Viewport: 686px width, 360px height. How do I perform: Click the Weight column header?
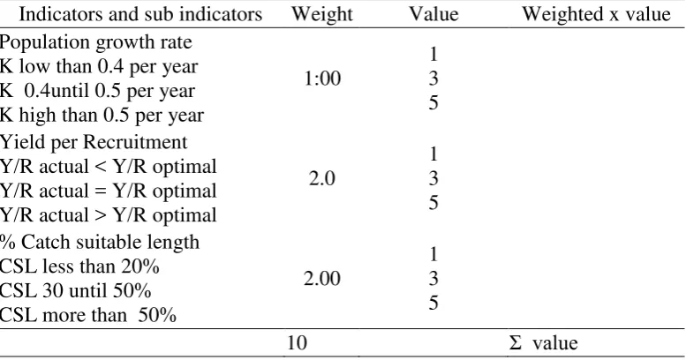click(322, 14)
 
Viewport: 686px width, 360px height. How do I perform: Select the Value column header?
click(433, 14)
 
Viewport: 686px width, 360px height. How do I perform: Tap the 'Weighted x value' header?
click(596, 14)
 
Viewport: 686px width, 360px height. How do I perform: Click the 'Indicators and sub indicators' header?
click(140, 14)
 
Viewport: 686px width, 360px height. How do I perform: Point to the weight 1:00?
click(322, 79)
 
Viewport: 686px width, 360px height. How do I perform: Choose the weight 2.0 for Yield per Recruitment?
click(322, 178)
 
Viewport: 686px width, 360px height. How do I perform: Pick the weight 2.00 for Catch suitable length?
click(322, 279)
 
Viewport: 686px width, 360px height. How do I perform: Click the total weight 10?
click(297, 342)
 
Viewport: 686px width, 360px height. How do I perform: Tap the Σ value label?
click(543, 343)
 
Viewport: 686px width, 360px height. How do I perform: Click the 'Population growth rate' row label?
click(96, 42)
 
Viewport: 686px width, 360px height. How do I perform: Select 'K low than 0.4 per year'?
click(99, 66)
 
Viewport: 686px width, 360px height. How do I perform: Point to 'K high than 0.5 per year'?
click(102, 116)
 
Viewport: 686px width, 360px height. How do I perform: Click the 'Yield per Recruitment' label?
click(94, 142)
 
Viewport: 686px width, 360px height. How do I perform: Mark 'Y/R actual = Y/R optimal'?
click(109, 191)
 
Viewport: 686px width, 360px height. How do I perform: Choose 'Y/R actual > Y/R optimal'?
click(109, 215)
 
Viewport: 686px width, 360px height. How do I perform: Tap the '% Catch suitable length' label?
click(100, 243)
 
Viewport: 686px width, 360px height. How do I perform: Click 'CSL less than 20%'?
click(79, 266)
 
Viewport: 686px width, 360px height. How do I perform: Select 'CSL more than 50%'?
click(88, 315)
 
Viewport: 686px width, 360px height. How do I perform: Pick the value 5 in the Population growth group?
click(433, 103)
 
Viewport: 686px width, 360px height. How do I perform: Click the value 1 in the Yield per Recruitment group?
click(433, 154)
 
